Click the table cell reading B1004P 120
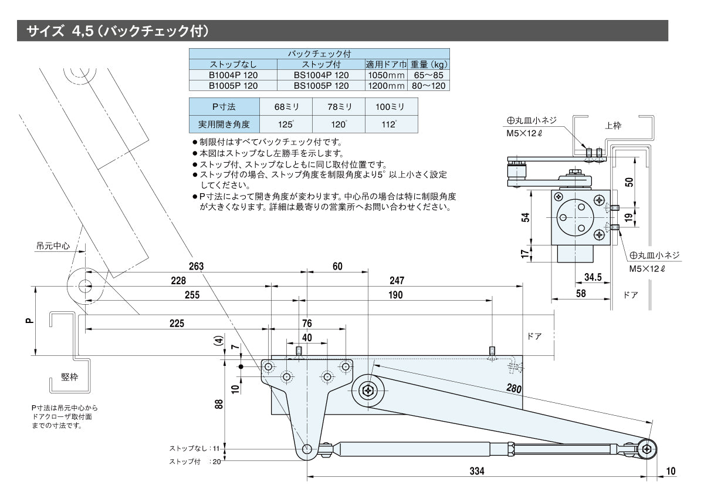233,75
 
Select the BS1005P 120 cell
321,85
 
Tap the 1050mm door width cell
385,75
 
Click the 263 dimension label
196,266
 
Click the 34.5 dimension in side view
593,277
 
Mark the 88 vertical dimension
218,404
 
